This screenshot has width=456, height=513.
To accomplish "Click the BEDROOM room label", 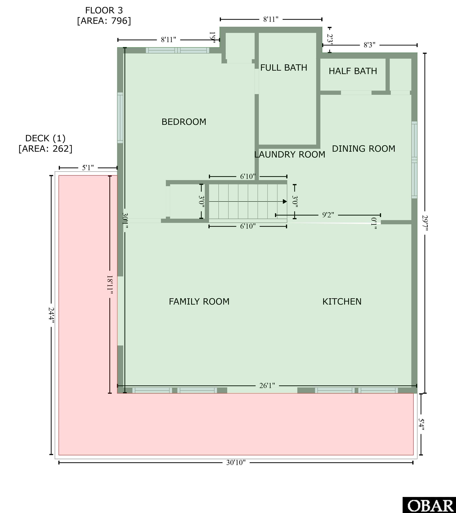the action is (184, 122).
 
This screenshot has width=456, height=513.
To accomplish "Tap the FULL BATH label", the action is (284, 68).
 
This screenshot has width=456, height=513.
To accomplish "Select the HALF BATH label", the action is (353, 71).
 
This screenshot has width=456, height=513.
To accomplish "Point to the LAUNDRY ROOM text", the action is (290, 155).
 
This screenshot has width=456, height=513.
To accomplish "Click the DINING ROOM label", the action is (363, 149).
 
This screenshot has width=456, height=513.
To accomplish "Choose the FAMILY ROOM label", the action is (199, 302).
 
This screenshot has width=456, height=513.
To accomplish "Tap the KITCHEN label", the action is (342, 302).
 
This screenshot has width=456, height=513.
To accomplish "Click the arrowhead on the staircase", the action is (285, 202).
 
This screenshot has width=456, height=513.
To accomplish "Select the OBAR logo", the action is (429, 505).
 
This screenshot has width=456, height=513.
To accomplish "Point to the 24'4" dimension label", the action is (51, 316).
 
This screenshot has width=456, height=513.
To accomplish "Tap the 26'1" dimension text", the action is (267, 385).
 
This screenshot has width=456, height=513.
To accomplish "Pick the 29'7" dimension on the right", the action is (425, 223).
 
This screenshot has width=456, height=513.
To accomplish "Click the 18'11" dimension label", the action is (110, 286).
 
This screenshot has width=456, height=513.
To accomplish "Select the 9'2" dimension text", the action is (328, 215).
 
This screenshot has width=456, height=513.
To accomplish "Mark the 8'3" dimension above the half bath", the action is (369, 45).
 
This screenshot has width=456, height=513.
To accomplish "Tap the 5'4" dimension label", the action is (421, 424).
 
